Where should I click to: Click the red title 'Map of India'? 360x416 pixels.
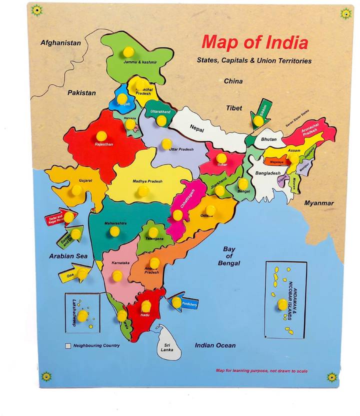tap(254, 42)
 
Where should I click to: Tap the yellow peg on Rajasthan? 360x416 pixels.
tap(101, 135)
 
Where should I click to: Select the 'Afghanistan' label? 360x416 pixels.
tap(60, 43)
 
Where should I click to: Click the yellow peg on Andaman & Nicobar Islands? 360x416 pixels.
tap(282, 304)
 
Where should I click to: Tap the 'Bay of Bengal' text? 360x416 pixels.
tap(229, 255)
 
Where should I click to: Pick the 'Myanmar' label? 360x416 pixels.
tap(319, 203)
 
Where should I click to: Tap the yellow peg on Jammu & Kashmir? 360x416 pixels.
tap(128, 51)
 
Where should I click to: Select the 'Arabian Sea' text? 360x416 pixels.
tap(68, 256)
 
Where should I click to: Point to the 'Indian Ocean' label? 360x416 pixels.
tap(215, 345)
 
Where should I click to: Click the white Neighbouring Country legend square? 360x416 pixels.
tap(67, 345)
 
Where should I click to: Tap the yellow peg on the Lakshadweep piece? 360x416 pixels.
tap(82, 315)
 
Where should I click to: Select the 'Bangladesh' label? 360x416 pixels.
tap(268, 173)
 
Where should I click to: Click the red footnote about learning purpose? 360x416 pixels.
tap(261, 371)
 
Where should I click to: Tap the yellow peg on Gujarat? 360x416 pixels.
tap(76, 190)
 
